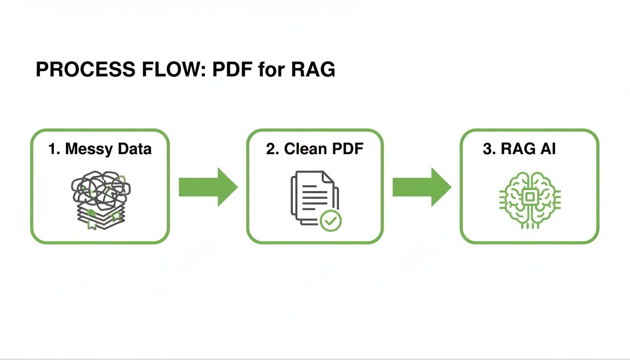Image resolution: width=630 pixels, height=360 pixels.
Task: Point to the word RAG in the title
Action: click(x=313, y=69)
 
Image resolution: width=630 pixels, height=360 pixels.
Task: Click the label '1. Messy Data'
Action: click(x=100, y=149)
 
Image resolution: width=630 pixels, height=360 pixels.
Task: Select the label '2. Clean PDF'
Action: click(x=315, y=149)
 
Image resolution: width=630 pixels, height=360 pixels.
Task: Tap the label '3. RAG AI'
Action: click(x=519, y=149)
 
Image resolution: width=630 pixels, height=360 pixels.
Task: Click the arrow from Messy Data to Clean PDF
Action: click(x=208, y=187)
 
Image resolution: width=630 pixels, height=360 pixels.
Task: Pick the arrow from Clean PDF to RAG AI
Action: click(x=421, y=187)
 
